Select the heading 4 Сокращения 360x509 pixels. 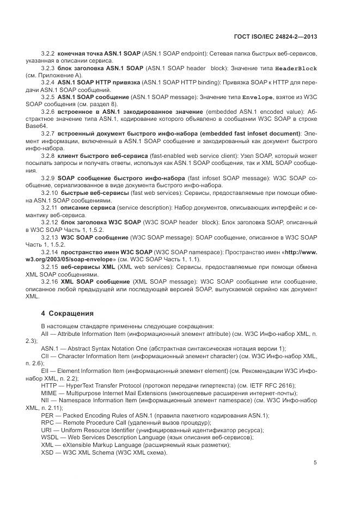[68, 314]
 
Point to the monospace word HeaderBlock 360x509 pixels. [296, 69]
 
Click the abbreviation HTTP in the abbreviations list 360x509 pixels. [50, 385]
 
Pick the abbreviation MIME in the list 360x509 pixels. [50, 393]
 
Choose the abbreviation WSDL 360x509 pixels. [51, 437]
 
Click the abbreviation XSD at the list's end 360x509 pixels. [48, 452]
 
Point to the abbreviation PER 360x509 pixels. [48, 415]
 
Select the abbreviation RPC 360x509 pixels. [48, 423]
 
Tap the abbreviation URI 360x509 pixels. [47, 430]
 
